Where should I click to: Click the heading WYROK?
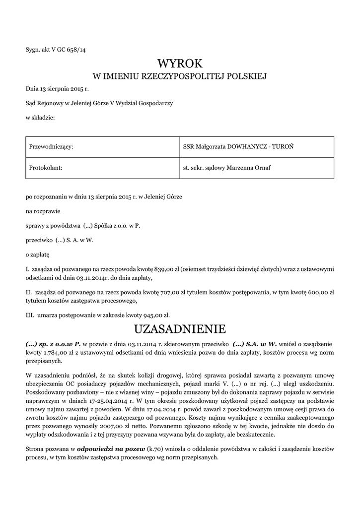coord(180,63)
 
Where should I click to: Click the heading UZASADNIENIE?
coord(180,329)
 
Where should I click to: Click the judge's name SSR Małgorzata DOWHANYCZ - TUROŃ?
coord(241,147)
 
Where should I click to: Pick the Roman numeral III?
coord(29,314)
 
